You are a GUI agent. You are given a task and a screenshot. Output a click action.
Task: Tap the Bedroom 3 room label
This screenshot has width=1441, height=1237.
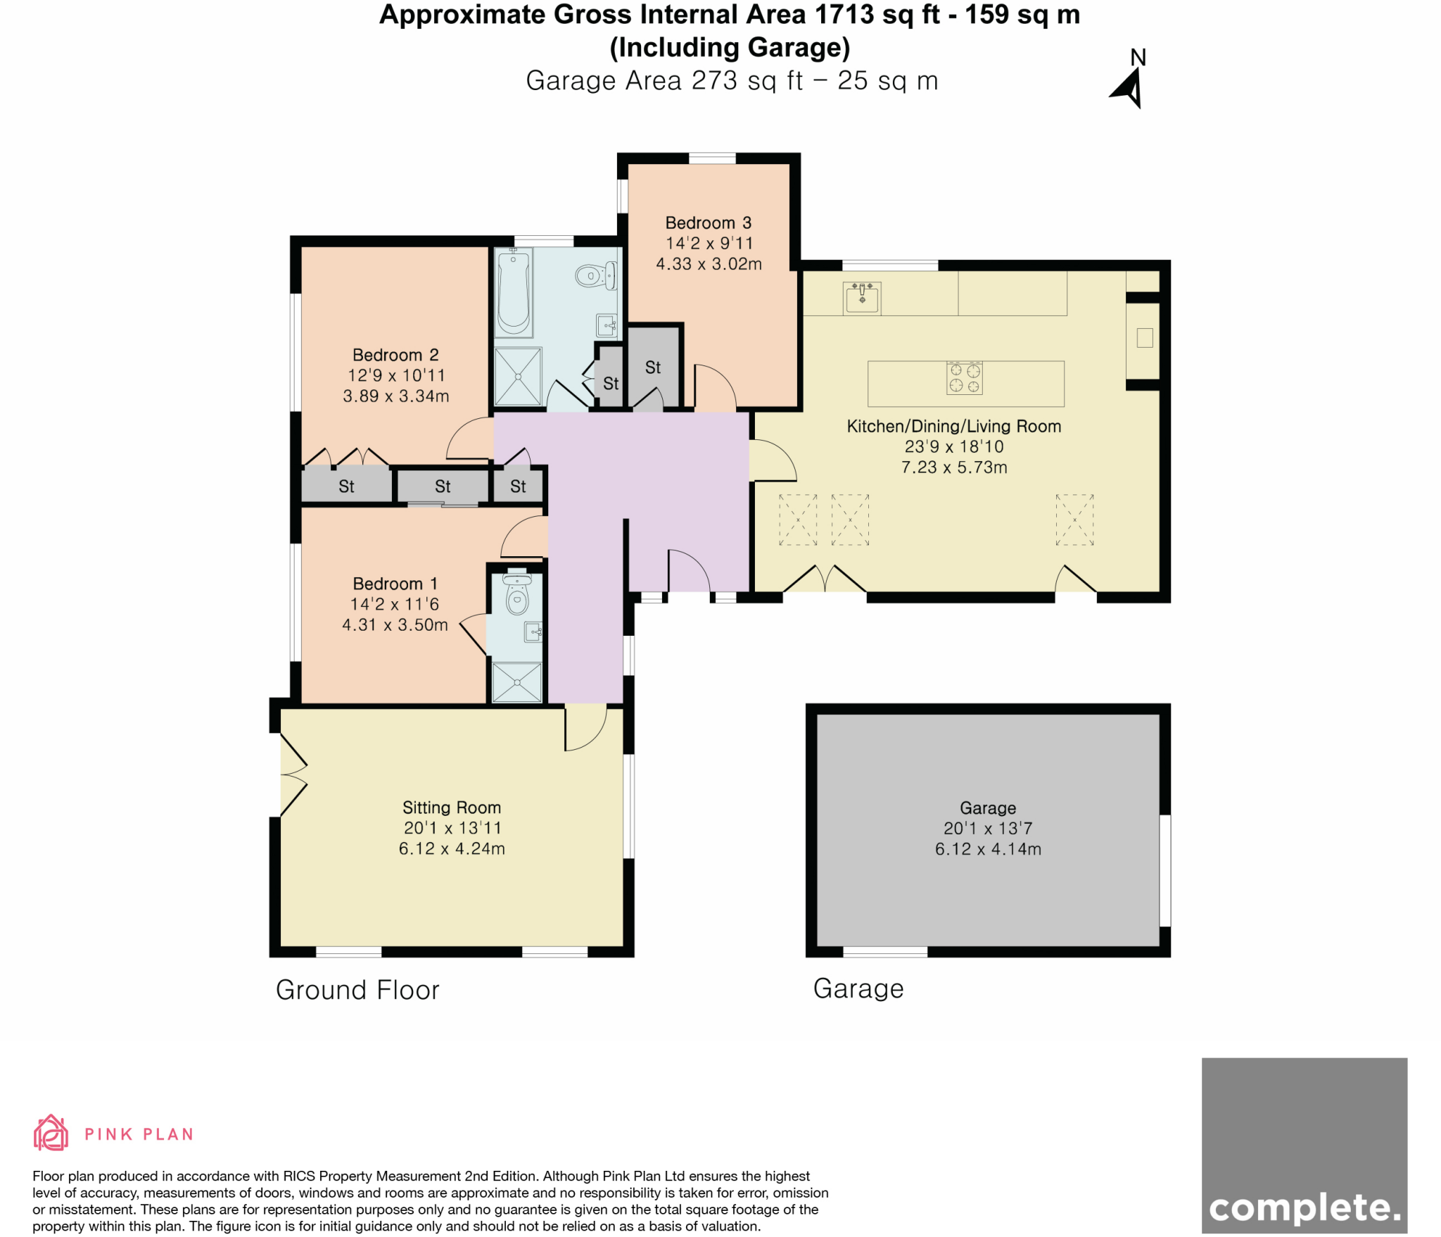click(708, 223)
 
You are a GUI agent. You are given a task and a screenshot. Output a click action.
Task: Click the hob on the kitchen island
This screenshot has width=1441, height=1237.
click(964, 378)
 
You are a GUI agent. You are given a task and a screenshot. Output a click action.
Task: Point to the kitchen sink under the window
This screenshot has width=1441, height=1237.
click(862, 298)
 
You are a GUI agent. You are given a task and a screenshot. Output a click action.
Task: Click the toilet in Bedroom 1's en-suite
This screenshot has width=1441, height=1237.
click(517, 599)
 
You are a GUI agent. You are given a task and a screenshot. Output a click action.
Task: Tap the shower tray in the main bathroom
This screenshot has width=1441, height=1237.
click(518, 376)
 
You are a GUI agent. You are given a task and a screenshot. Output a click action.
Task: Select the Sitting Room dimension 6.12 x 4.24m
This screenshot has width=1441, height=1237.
click(452, 848)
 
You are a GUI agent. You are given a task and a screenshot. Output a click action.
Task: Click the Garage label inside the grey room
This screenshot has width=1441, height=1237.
click(987, 808)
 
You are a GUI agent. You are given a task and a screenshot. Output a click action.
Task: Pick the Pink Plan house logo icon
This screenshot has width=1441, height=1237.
click(51, 1133)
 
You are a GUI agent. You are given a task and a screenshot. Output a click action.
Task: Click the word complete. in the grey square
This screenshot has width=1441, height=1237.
click(1304, 1208)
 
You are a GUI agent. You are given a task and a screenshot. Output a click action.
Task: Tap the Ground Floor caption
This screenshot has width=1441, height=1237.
click(357, 990)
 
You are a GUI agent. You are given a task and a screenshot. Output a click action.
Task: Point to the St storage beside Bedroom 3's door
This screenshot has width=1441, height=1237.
click(653, 367)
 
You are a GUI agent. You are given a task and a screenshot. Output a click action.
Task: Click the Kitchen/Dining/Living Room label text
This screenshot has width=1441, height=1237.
click(953, 426)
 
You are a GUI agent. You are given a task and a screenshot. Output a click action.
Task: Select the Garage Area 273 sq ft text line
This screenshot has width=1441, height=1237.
click(732, 81)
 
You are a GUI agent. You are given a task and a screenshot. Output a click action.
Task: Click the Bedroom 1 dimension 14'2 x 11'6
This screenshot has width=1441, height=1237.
click(394, 604)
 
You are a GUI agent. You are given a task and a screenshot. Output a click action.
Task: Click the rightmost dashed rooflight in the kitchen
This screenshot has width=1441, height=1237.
click(1074, 520)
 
